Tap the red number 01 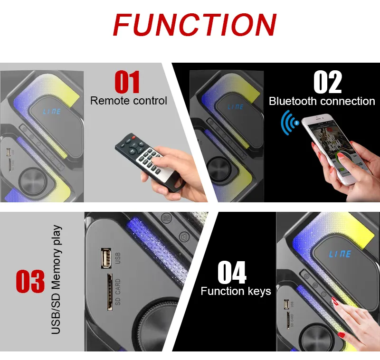coord(127,82)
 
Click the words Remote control coord(128,101)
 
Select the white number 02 coord(327,82)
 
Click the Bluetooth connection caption coord(322,101)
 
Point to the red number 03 coord(30,281)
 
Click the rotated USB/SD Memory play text coord(56,280)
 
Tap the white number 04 coord(232,272)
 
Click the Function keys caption coord(236,291)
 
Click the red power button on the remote coord(133,137)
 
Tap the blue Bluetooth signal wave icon coord(290,123)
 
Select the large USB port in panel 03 coord(106,258)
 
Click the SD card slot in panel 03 coord(110,292)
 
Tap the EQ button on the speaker coord(167,218)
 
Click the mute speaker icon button coord(184,237)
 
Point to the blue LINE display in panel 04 coord(340,254)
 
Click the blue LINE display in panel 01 coord(52,112)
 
